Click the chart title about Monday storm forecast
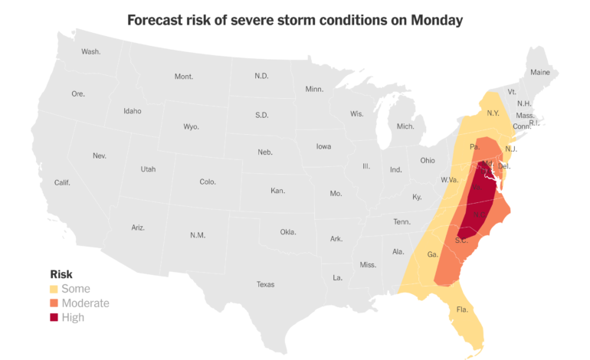295,21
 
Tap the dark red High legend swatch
54,317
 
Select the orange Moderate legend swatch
54,303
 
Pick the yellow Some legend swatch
54,289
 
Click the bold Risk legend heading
61,274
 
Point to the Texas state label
265,284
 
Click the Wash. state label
91,52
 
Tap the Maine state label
540,73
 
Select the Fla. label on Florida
462,309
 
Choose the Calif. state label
62,182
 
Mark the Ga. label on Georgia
432,254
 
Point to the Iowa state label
324,146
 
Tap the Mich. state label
405,126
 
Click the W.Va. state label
449,180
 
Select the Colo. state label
208,182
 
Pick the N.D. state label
261,76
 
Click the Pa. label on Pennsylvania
474,146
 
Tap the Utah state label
148,169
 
